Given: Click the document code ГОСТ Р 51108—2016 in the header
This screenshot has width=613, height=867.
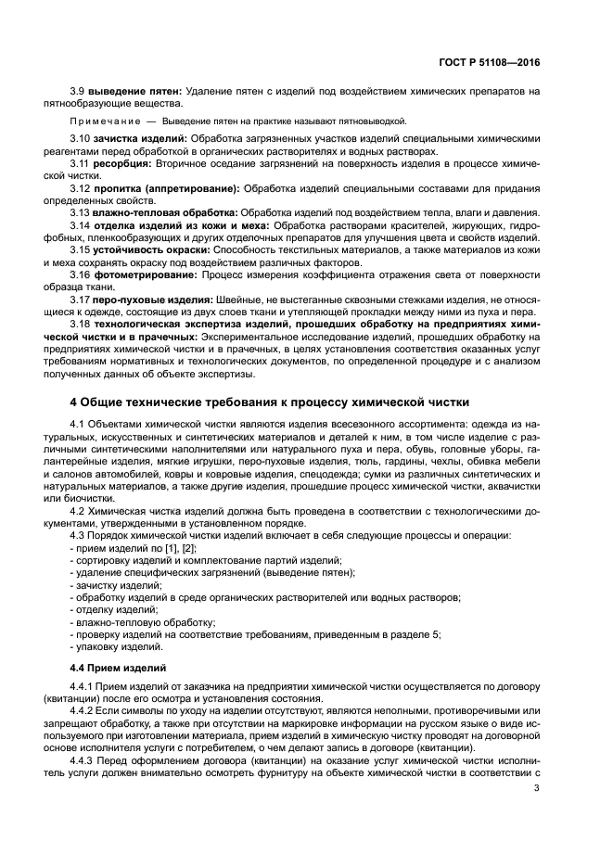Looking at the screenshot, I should [x=490, y=61].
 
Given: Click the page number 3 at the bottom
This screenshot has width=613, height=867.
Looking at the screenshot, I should [x=537, y=789].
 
